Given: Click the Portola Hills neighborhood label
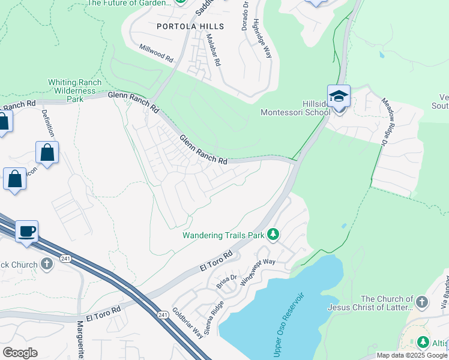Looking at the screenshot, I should (190, 26).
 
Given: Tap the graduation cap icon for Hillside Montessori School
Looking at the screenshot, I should (339, 96).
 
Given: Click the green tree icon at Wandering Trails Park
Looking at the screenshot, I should (273, 233).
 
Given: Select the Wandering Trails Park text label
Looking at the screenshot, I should (223, 235).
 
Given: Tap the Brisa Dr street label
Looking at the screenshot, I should (224, 280).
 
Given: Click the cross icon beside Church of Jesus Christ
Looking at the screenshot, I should (422, 302).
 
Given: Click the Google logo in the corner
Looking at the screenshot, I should (20, 353).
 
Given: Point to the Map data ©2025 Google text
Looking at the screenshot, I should (411, 355).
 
